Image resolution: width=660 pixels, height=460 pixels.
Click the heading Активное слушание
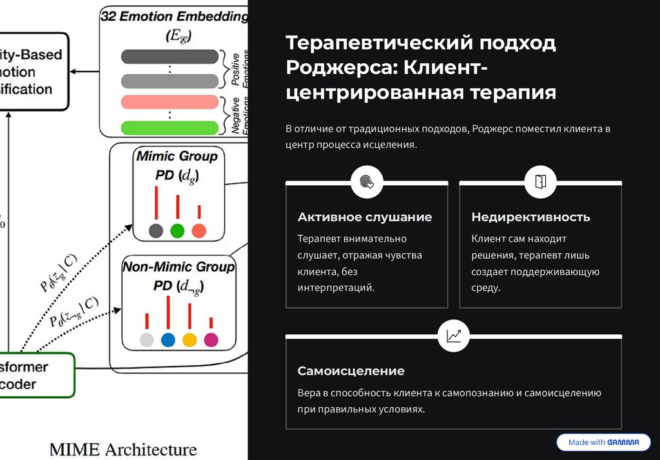(365, 217)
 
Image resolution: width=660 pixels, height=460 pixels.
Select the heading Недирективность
(530, 217)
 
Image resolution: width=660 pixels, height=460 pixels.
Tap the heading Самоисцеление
(351, 371)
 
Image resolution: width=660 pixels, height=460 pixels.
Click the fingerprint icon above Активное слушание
(367, 182)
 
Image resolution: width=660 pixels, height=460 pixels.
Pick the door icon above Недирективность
(540, 182)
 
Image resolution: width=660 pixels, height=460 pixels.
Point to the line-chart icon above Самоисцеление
(453, 335)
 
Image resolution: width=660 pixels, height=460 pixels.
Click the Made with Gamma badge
(603, 443)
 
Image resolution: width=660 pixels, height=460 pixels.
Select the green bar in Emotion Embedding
(169, 127)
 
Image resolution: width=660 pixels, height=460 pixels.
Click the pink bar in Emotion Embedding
(169, 102)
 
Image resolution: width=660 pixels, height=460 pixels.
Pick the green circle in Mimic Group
(177, 230)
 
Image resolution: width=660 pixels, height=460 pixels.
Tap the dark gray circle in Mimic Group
(156, 230)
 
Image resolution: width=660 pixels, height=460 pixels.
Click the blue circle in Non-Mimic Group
(168, 340)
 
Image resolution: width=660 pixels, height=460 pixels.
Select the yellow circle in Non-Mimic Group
(189, 340)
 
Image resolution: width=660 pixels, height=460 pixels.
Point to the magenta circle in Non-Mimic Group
(211, 340)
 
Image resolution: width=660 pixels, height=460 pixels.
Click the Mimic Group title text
(177, 156)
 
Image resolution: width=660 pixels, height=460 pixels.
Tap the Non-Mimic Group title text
(179, 266)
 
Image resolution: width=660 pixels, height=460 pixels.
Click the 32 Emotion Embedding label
(174, 17)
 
